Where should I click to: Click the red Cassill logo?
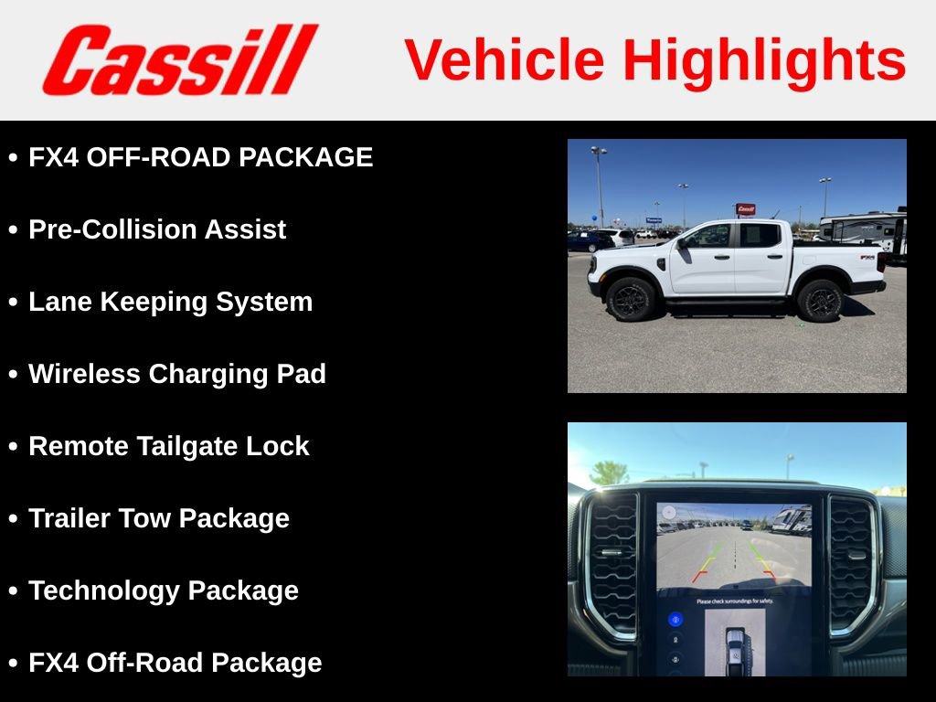point(179,59)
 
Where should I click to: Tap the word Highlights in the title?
point(764,60)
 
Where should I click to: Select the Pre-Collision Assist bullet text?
point(157,229)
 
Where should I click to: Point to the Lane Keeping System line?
point(170,302)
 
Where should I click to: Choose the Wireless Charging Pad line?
point(177,374)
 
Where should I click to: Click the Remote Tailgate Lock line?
point(169,446)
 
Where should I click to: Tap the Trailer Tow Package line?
point(159,518)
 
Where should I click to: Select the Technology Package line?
point(164,590)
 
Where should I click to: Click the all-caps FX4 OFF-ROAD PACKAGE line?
point(201,157)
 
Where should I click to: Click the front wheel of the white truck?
point(631,299)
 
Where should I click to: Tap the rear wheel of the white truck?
point(819,300)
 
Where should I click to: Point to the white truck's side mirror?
point(682,242)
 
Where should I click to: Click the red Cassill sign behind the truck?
point(745,209)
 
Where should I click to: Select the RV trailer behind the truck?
point(864,230)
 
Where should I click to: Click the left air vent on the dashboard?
point(613,564)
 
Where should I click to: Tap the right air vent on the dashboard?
point(851,564)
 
